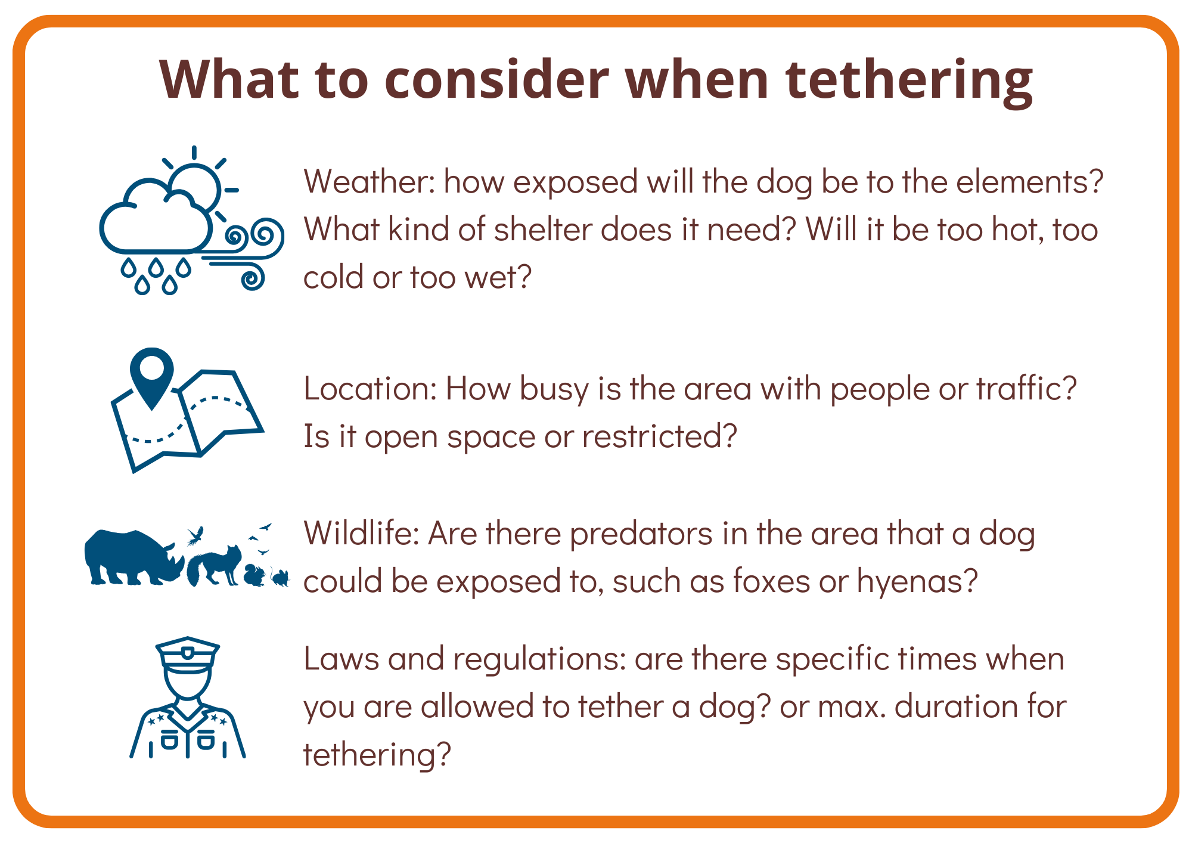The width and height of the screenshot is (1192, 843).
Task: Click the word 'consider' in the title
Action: tap(497, 79)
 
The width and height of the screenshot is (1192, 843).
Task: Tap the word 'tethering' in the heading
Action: tap(909, 82)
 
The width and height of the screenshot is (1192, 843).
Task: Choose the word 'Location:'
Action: tap(371, 388)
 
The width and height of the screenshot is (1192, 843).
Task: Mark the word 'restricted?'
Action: tap(660, 436)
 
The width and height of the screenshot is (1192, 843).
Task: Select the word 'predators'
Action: tap(641, 535)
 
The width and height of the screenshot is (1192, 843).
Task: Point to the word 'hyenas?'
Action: tap(917, 581)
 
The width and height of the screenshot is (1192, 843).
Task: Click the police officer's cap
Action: tap(188, 654)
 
